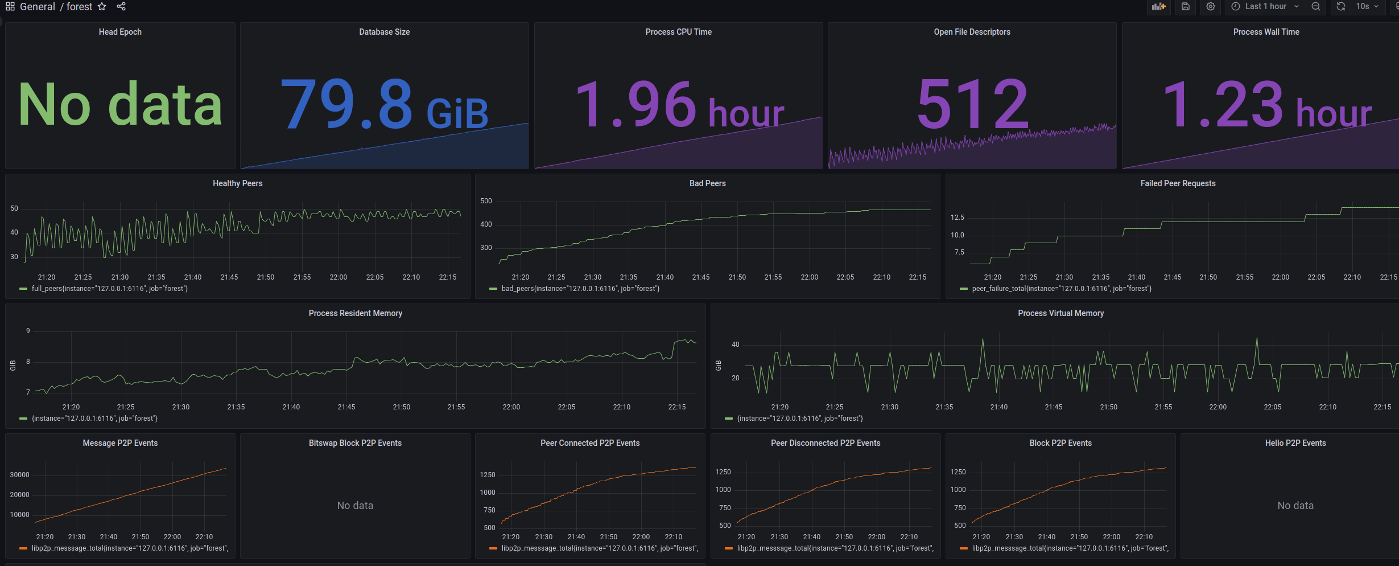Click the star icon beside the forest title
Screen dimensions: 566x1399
pos(102,7)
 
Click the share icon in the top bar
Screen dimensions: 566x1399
pos(121,7)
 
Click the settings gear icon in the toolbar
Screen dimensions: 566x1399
pos(1211,6)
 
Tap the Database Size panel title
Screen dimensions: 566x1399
pos(384,32)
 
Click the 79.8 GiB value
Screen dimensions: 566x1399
pos(384,105)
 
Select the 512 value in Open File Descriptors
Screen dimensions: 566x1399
pos(972,104)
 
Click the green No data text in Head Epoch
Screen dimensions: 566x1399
pos(120,104)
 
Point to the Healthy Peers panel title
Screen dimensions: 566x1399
pos(237,183)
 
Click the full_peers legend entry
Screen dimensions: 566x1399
pos(109,289)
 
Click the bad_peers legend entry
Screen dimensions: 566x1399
pos(580,289)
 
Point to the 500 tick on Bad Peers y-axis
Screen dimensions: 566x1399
pos(486,201)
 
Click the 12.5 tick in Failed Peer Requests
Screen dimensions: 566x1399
pos(957,218)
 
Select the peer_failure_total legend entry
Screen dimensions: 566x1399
pos(1061,289)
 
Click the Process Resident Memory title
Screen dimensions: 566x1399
pos(355,313)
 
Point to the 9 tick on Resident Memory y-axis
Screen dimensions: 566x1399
pos(28,331)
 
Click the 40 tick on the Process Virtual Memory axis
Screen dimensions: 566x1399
pos(735,344)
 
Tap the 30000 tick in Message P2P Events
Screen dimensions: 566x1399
pos(19,475)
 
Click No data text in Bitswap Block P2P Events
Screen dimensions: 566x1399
pos(355,506)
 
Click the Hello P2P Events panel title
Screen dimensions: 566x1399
pos(1295,443)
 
